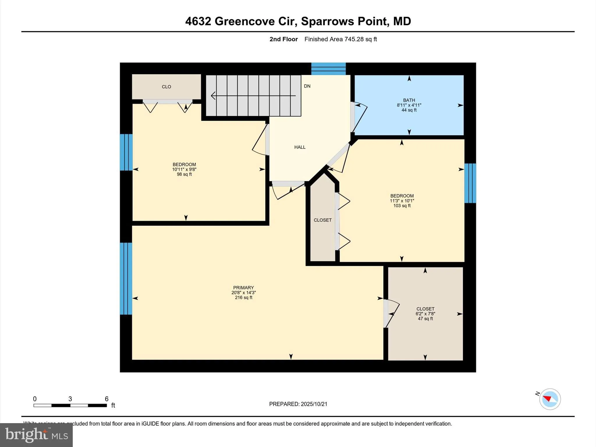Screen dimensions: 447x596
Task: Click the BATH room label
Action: [409, 100]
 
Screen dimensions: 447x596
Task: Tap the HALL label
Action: [300, 147]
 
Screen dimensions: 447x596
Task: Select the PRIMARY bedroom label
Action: [243, 288]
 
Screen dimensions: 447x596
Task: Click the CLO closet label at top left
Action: [166, 87]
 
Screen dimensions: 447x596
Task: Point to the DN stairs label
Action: [307, 86]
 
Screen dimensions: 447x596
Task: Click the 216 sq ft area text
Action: [244, 298]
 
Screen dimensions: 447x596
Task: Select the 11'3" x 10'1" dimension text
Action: [402, 201]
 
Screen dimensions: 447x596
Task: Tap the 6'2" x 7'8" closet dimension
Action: [425, 314]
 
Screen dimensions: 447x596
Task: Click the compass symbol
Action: [550, 399]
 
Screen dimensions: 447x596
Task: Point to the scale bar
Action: [70, 405]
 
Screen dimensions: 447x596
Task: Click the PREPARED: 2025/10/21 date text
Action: [298, 404]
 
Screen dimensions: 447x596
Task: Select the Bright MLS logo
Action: [36, 435]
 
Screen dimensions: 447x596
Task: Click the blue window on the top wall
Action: [328, 69]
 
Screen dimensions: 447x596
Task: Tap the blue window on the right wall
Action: [470, 183]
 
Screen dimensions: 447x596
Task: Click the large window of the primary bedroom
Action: [126, 279]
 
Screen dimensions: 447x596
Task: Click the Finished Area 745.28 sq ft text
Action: [340, 39]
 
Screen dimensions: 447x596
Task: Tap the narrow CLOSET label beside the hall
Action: [322, 220]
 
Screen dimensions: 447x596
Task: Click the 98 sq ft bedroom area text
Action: [184, 174]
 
